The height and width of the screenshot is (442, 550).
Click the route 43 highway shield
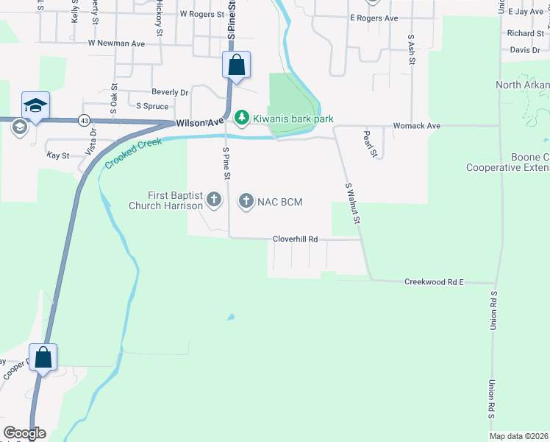click(85, 120)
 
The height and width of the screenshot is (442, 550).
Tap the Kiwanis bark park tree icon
click(240, 118)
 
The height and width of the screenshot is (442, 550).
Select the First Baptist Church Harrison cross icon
click(213, 200)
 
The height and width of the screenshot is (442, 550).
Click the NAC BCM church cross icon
click(246, 201)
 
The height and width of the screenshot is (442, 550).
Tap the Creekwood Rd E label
click(435, 282)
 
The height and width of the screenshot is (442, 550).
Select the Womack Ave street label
click(416, 126)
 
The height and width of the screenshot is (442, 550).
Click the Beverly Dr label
click(170, 93)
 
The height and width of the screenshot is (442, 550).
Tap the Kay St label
click(57, 156)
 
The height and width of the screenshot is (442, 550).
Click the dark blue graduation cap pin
click(35, 105)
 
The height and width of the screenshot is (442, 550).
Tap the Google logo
click(24, 433)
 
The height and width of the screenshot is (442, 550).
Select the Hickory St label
click(159, 21)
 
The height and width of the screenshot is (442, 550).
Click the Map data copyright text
click(519, 436)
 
